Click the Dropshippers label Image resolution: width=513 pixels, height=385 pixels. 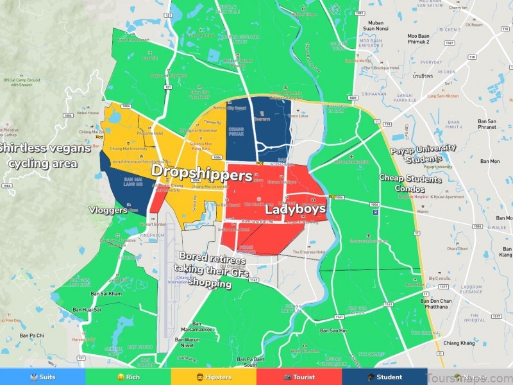(201, 173)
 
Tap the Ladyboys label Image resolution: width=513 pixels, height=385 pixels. (296, 210)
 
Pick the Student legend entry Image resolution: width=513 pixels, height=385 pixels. (384, 377)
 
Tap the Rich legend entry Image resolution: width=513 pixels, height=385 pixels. (128, 377)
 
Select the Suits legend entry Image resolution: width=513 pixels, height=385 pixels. (42, 377)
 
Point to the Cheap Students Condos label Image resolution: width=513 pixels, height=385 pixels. (410, 184)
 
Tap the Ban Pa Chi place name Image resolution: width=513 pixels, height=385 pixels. (31, 335)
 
